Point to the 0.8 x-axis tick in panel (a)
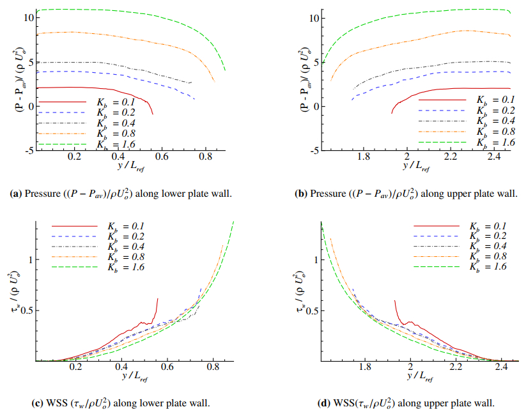(206, 157)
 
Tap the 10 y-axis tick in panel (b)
(314, 18)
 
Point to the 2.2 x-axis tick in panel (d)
(456, 367)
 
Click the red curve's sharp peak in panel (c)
(157, 298)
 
